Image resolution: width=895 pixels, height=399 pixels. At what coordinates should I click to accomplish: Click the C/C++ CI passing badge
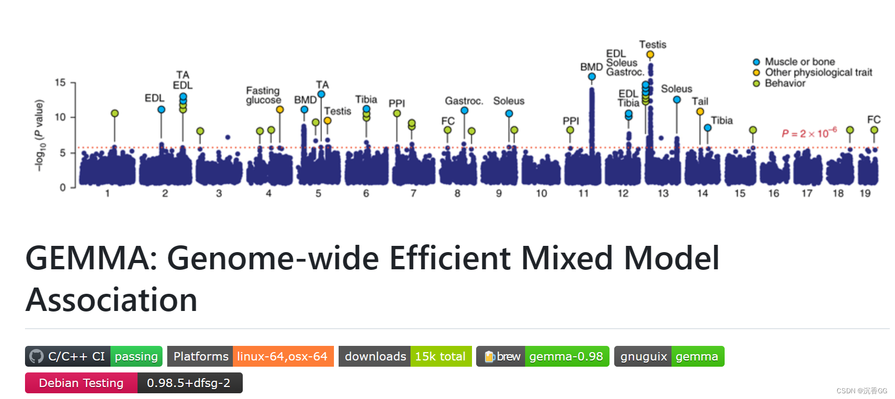94,356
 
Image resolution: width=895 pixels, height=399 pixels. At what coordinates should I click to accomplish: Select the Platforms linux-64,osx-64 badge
250,356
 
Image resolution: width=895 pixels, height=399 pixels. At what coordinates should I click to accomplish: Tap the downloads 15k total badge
405,356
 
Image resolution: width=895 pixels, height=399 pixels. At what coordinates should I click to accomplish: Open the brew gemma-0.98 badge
542,356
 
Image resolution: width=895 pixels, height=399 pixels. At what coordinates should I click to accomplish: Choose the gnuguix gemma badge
669,356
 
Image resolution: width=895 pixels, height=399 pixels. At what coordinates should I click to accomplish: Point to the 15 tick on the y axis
60,83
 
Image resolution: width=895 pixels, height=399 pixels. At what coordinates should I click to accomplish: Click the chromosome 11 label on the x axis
583,193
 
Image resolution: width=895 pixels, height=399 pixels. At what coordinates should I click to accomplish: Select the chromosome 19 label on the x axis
865,193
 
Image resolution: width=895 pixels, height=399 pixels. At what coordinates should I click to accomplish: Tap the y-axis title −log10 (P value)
39,135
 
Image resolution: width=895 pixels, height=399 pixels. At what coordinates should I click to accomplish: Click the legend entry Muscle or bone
799,62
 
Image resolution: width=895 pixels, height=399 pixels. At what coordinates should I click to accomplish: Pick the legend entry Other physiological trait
818,72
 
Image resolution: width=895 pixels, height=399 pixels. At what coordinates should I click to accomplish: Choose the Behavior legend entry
785,83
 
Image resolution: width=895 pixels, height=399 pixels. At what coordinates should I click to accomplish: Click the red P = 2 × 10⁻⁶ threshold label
809,133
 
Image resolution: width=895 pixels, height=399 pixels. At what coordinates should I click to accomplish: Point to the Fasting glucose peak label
263,95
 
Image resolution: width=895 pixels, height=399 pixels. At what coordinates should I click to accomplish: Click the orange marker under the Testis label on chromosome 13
650,55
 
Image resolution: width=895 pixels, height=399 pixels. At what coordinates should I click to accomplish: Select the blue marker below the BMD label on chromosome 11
592,77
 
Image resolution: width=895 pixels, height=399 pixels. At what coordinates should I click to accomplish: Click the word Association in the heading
111,300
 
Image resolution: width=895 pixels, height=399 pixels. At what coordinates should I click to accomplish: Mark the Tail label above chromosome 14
700,101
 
